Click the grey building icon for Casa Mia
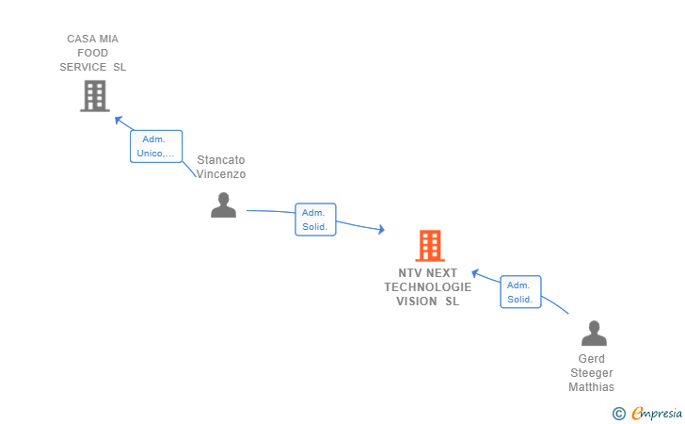[x=95, y=96]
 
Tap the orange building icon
[x=430, y=246]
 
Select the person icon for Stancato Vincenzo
[x=224, y=204]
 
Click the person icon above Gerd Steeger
[x=594, y=333]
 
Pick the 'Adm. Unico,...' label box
[x=156, y=146]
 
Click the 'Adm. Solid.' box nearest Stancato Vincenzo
[x=315, y=220]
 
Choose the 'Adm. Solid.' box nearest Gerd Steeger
[x=520, y=292]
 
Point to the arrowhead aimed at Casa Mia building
[x=118, y=120]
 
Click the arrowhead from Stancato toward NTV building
[x=381, y=229]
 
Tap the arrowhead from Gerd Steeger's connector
[x=475, y=273]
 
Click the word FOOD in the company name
[x=92, y=53]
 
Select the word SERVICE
[x=83, y=67]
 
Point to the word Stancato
[x=220, y=160]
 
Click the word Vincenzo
[x=220, y=174]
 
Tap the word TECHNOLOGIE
[x=428, y=287]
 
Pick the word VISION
[x=416, y=302]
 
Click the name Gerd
[x=592, y=359]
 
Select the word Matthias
[x=591, y=387]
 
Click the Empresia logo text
[x=657, y=413]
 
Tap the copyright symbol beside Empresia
[x=619, y=414]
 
